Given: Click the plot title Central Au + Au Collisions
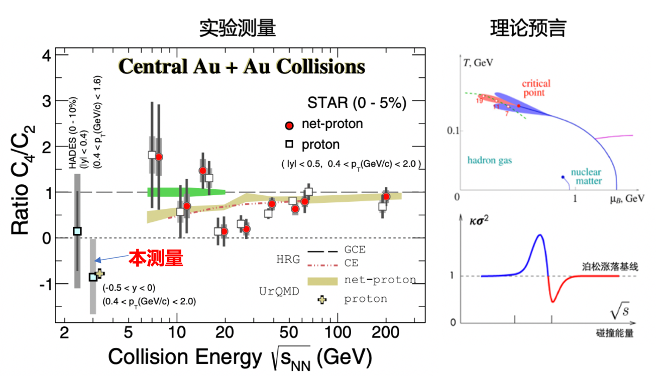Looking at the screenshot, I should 241,67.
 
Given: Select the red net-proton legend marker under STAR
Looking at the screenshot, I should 289,125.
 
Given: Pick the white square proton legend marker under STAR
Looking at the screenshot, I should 289,145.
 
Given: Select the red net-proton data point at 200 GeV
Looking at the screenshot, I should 386,196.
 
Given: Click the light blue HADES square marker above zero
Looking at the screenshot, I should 77,231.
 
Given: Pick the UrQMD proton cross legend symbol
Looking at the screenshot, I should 322,300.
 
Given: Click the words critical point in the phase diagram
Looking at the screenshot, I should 536,88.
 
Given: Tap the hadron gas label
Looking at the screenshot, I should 489,161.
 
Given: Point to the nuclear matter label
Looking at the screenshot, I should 585,176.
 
